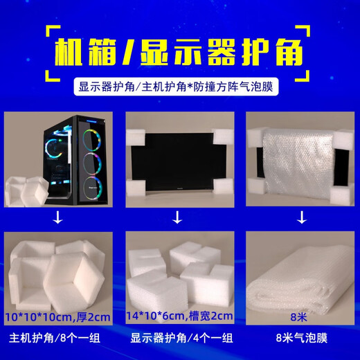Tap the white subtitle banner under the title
[x=180, y=89]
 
